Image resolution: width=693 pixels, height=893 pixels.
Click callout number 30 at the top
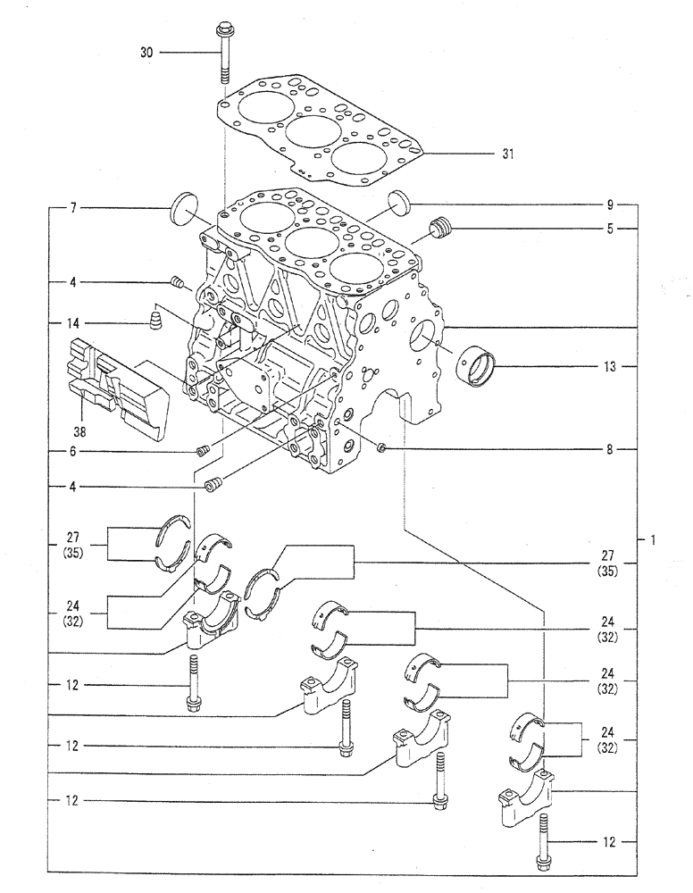pos(146,54)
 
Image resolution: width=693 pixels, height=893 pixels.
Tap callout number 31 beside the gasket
pos(507,154)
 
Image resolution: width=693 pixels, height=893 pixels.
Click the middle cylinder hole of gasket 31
pos(313,130)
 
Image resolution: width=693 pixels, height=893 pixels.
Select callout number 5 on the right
pos(608,229)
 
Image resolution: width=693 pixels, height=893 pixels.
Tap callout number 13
pos(606,366)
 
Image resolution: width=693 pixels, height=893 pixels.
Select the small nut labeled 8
pos(381,448)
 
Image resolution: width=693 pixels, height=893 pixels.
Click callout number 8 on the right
pos(608,448)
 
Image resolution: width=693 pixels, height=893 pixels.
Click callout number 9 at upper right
pos(608,203)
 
